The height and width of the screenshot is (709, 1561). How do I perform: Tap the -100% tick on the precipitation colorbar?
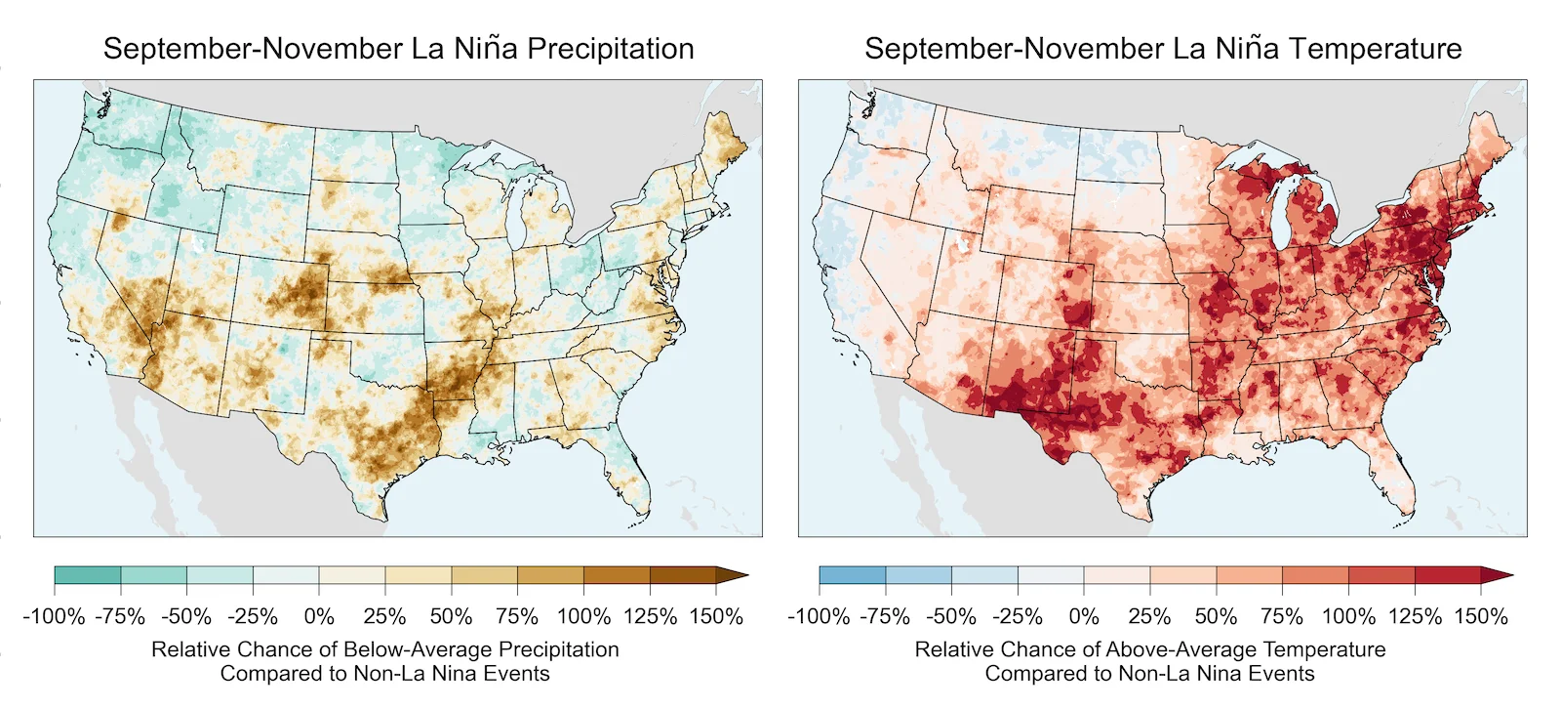click(x=54, y=616)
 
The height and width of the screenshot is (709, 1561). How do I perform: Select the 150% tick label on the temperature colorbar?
click(x=1481, y=616)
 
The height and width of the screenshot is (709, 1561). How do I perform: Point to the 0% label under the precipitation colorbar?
click(x=319, y=616)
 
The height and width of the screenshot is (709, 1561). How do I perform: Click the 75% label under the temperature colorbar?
click(x=1282, y=616)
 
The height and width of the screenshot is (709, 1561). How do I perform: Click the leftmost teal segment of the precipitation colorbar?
click(x=88, y=575)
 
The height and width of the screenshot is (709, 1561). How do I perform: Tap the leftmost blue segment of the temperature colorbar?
click(x=853, y=575)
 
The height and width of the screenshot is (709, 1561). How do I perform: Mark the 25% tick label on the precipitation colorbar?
click(x=384, y=616)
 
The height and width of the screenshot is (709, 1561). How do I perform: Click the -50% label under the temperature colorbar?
click(x=951, y=616)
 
